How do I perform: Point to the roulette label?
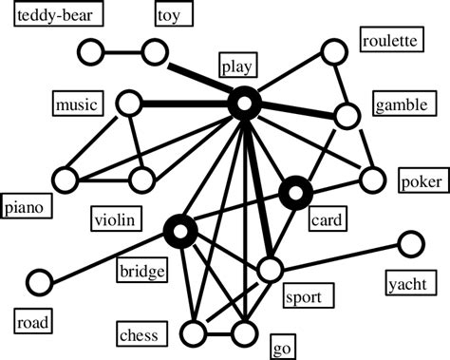pyautogui.click(x=389, y=41)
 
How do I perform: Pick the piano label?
pyautogui.click(x=27, y=205)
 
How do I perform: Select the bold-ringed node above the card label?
pyautogui.click(x=296, y=194)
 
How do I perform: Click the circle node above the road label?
pyautogui.click(x=39, y=282)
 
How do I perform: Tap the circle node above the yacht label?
pyautogui.click(x=410, y=244)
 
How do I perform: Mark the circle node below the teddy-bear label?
pyautogui.click(x=92, y=51)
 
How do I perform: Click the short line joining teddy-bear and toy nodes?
pyautogui.click(x=122, y=51)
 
